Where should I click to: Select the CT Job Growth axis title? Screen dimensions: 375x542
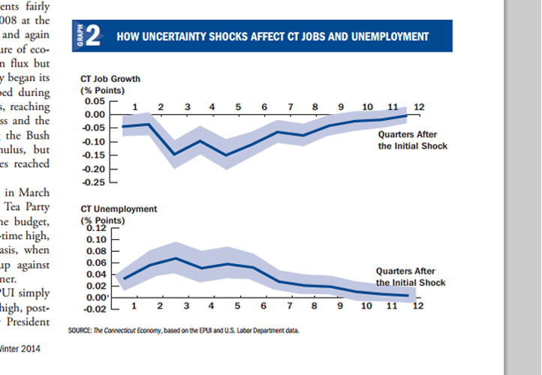[110, 79]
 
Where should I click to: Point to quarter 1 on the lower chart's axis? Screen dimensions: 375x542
[134, 306]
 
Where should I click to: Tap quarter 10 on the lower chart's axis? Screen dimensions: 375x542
[366, 306]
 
